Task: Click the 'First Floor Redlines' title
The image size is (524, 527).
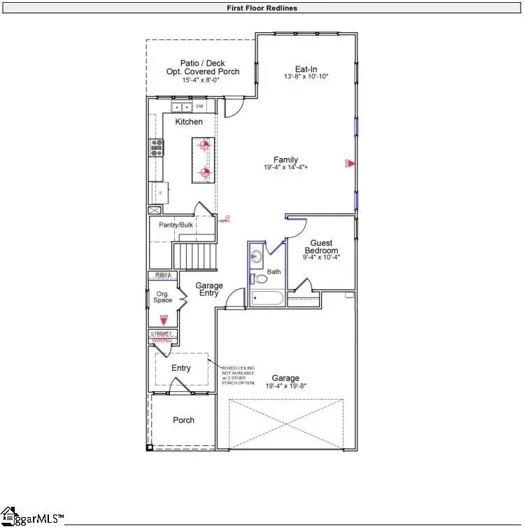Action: point(262,8)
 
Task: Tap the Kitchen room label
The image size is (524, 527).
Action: point(189,122)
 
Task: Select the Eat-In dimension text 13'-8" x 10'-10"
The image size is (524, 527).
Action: point(306,76)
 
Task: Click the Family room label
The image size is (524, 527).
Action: point(285,160)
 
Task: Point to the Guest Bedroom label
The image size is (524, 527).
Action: point(321,246)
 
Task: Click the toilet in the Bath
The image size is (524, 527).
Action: point(261,278)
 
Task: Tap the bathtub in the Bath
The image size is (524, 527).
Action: point(267,299)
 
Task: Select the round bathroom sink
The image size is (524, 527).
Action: point(255,255)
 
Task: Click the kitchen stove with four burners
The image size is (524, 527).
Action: point(156,147)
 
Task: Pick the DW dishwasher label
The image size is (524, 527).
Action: point(199,106)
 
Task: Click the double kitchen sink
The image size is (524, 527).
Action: point(182,107)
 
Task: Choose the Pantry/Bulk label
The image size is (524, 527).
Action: point(176,225)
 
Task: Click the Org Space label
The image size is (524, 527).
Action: point(163,297)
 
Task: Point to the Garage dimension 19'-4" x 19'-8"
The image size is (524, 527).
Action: point(286,386)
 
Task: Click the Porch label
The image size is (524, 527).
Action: point(183,420)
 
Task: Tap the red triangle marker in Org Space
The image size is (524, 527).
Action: point(164,321)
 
